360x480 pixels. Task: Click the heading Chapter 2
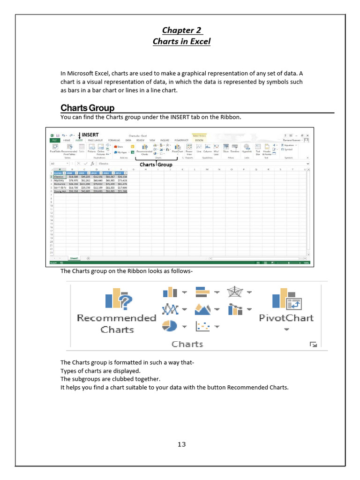(182, 30)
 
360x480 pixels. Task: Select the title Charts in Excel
(182, 41)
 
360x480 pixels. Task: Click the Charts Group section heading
(88, 108)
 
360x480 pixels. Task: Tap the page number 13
(182, 445)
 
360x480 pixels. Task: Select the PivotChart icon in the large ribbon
(286, 298)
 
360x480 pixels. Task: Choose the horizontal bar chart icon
(202, 292)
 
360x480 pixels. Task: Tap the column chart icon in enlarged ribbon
(170, 292)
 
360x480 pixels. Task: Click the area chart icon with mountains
(202, 309)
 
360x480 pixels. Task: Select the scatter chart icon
(202, 325)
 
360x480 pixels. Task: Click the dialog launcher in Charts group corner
(314, 345)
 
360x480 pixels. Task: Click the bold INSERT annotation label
(90, 135)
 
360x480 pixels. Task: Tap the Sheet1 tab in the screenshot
(74, 258)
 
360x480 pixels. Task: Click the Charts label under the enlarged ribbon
(187, 344)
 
